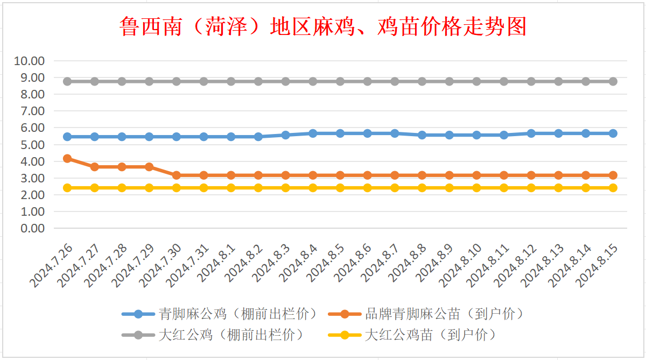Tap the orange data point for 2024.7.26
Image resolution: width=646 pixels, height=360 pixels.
(67, 158)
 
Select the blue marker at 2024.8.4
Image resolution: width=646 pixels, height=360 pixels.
(313, 133)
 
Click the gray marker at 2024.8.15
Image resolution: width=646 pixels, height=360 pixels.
(613, 81)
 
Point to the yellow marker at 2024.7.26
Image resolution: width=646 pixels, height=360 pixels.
(67, 188)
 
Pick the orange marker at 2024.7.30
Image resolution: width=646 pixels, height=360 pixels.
(177, 175)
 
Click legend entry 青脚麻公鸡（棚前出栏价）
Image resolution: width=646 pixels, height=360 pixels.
(236, 314)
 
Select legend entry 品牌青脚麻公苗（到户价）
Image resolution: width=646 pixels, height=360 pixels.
(444, 314)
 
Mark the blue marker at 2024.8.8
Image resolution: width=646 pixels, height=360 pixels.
(422, 135)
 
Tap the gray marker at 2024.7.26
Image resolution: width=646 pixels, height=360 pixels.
(67, 81)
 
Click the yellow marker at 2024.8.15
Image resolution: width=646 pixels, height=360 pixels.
(613, 188)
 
